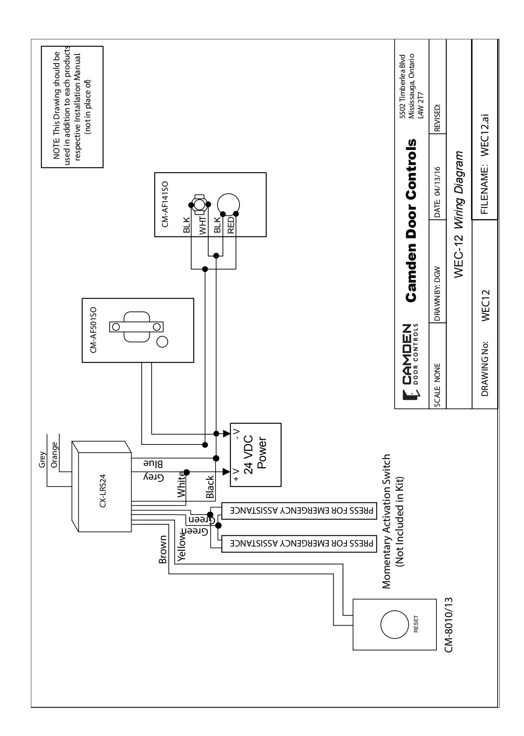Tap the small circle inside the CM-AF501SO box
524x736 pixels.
tap(162, 342)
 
